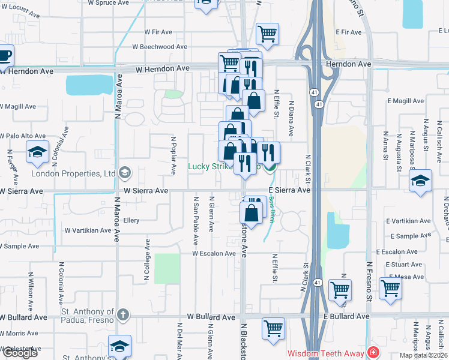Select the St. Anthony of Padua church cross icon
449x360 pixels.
(122, 314)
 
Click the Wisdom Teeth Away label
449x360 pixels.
(327, 353)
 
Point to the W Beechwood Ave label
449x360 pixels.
(160, 46)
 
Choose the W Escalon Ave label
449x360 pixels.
(214, 253)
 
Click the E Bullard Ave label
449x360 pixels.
(346, 316)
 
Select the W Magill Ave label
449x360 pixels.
(18, 107)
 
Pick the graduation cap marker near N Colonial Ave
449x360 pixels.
(38, 152)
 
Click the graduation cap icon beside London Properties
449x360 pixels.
(125, 174)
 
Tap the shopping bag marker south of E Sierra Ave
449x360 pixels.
(252, 212)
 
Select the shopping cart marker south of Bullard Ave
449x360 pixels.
(273, 328)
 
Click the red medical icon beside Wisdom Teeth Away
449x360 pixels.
(374, 352)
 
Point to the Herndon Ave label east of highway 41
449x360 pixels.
(348, 64)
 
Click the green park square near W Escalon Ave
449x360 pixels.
(167, 268)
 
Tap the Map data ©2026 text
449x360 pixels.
(422, 355)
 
